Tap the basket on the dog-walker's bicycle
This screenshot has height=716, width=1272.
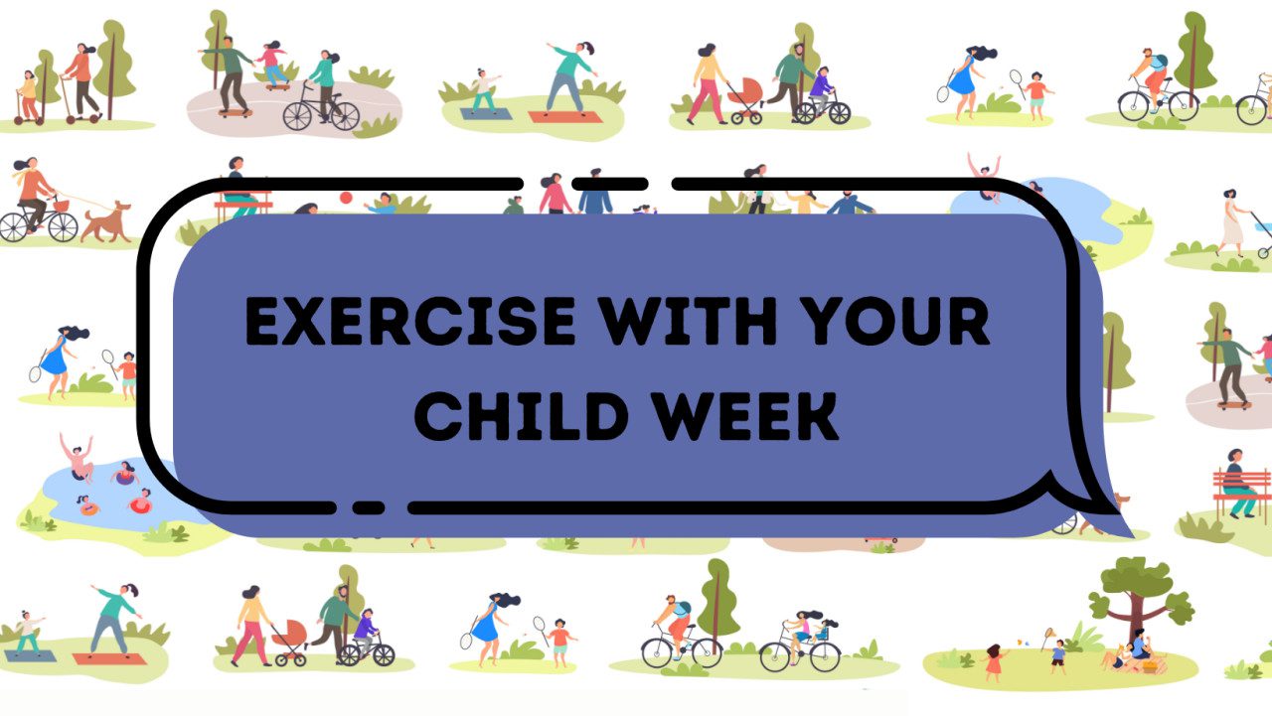tap(62, 206)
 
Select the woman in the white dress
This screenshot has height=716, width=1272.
tap(1231, 222)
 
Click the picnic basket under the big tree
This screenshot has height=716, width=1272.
tap(1152, 664)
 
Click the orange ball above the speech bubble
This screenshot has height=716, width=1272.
tap(345, 198)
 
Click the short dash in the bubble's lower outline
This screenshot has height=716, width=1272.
tap(369, 508)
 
